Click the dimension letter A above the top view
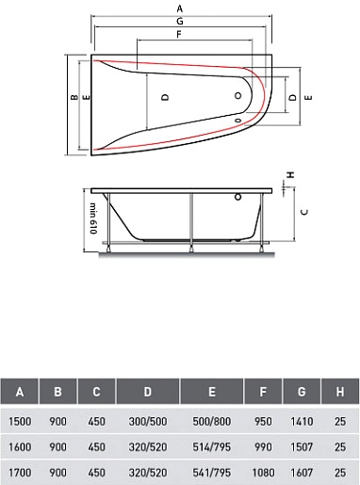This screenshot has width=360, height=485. pyautogui.click(x=179, y=8)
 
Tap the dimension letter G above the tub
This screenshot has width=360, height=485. pyautogui.click(x=179, y=21)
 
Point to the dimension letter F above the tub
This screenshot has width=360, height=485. pyautogui.click(x=179, y=34)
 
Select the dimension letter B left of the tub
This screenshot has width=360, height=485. pyautogui.click(x=74, y=97)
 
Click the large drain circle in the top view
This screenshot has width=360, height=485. pyautogui.click(x=238, y=95)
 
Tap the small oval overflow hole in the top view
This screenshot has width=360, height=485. pyautogui.click(x=237, y=121)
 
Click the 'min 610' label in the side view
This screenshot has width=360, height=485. pyautogui.click(x=93, y=218)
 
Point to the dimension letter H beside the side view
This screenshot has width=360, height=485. pyautogui.click(x=291, y=174)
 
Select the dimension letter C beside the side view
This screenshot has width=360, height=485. pyautogui.click(x=304, y=212)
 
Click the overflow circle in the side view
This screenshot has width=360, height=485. pyautogui.click(x=237, y=197)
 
